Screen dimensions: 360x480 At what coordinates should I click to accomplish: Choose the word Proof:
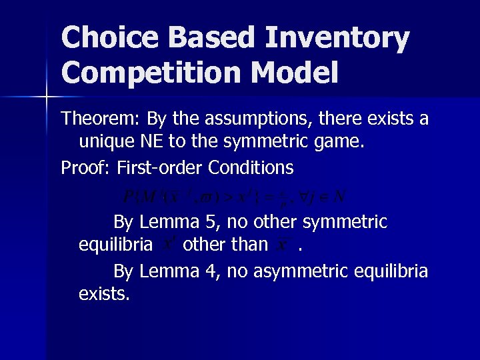[x=85, y=167]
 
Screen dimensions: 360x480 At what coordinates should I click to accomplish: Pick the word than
[x=250, y=245]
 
